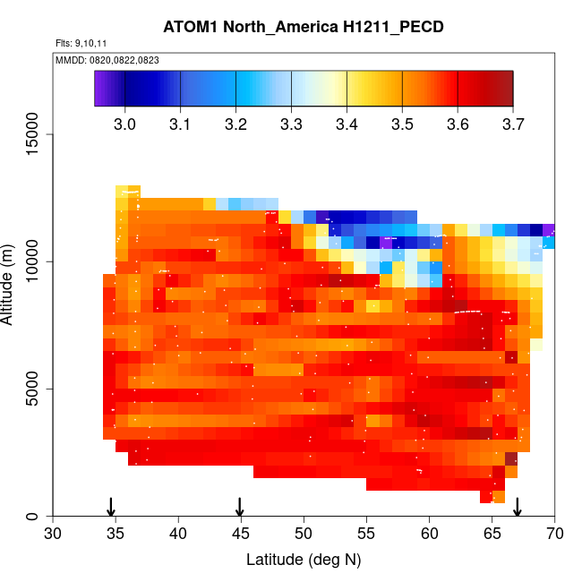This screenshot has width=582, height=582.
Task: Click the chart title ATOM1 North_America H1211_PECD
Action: (x=304, y=27)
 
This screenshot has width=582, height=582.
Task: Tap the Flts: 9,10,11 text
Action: (x=81, y=43)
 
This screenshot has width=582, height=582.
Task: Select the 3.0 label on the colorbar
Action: (x=124, y=123)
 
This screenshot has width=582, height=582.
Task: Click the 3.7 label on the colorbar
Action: (x=513, y=123)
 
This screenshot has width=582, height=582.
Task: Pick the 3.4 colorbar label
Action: (x=347, y=123)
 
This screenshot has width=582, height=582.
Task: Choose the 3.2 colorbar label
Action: (x=235, y=123)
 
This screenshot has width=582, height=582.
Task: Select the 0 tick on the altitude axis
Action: (x=39, y=516)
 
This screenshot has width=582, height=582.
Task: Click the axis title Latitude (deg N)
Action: (x=304, y=561)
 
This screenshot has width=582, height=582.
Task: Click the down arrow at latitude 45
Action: (x=240, y=507)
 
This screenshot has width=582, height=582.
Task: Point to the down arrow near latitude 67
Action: (x=517, y=507)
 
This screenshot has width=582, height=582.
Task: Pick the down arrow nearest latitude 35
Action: (x=111, y=507)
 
